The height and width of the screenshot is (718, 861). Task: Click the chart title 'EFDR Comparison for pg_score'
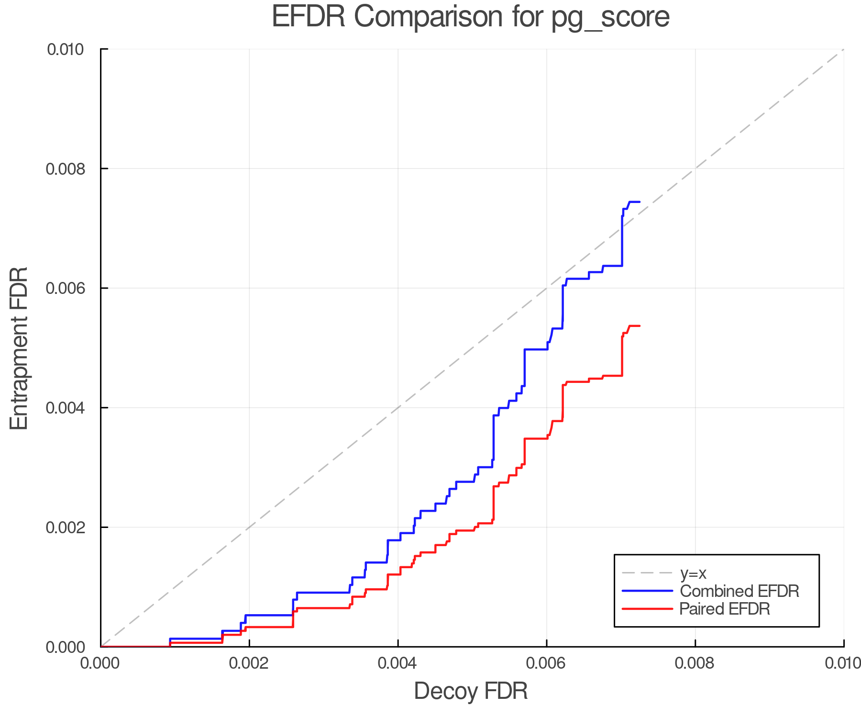(471, 17)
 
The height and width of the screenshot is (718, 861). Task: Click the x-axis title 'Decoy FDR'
(471, 691)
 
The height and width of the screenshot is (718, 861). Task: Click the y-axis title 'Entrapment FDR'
(19, 348)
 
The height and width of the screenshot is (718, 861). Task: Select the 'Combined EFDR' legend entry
(739, 591)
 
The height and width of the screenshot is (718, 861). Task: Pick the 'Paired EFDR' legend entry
(724, 609)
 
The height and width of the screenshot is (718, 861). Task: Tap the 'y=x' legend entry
(693, 573)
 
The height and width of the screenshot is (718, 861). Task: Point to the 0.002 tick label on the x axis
(249, 663)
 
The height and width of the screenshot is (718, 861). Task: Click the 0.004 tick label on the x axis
(397, 663)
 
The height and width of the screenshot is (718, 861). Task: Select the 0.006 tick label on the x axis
(546, 663)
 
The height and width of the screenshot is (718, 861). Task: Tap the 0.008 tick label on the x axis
(695, 663)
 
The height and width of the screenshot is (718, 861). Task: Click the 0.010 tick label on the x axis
(843, 663)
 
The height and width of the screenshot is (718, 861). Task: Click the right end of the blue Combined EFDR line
(640, 202)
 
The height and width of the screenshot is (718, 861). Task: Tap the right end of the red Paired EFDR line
(640, 326)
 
